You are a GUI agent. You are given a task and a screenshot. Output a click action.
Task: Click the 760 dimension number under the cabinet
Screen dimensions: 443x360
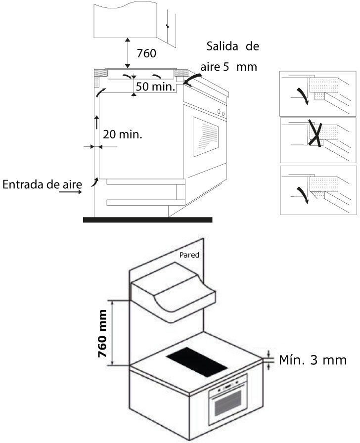click(x=147, y=52)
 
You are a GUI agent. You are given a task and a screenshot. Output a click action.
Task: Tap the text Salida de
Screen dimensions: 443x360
click(x=233, y=46)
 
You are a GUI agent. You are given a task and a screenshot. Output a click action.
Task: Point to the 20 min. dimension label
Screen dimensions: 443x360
click(x=122, y=134)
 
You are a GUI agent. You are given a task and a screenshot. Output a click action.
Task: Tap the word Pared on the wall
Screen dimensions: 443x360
click(x=189, y=256)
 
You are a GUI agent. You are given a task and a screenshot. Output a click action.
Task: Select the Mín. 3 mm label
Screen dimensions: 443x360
click(x=313, y=359)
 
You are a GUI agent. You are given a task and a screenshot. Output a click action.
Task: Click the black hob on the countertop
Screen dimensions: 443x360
click(x=197, y=362)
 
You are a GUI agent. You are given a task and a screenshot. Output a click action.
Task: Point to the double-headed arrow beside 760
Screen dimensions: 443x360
click(x=128, y=52)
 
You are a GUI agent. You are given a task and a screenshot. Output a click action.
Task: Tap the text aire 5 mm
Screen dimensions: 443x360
click(x=229, y=67)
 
